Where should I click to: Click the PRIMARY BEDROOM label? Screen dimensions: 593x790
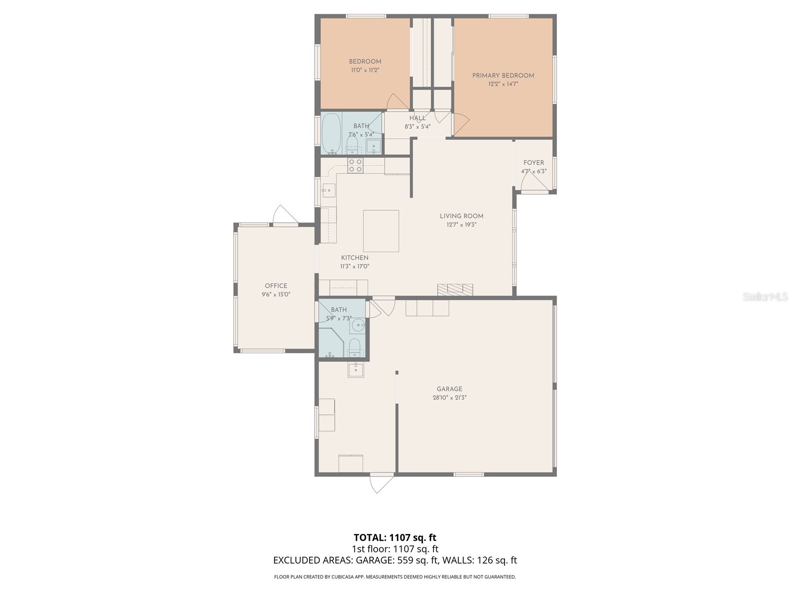point(503,76)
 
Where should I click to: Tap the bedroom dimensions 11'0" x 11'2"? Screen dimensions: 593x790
point(365,70)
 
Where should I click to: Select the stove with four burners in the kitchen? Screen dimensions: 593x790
point(355,166)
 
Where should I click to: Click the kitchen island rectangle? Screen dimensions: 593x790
point(381,231)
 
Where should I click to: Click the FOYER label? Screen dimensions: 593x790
point(534,163)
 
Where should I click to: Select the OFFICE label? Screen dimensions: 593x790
point(276,286)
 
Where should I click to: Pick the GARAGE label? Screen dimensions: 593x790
point(449,389)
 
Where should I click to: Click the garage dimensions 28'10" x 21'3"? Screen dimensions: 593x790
point(449,397)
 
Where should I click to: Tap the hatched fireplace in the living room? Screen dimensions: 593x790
point(455,290)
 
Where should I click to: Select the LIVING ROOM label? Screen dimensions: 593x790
point(461,216)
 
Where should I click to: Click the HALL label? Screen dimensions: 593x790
point(417,118)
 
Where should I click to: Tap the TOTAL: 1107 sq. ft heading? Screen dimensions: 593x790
point(395,537)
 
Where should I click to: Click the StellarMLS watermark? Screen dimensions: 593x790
point(765,297)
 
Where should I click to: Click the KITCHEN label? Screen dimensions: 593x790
point(355,257)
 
